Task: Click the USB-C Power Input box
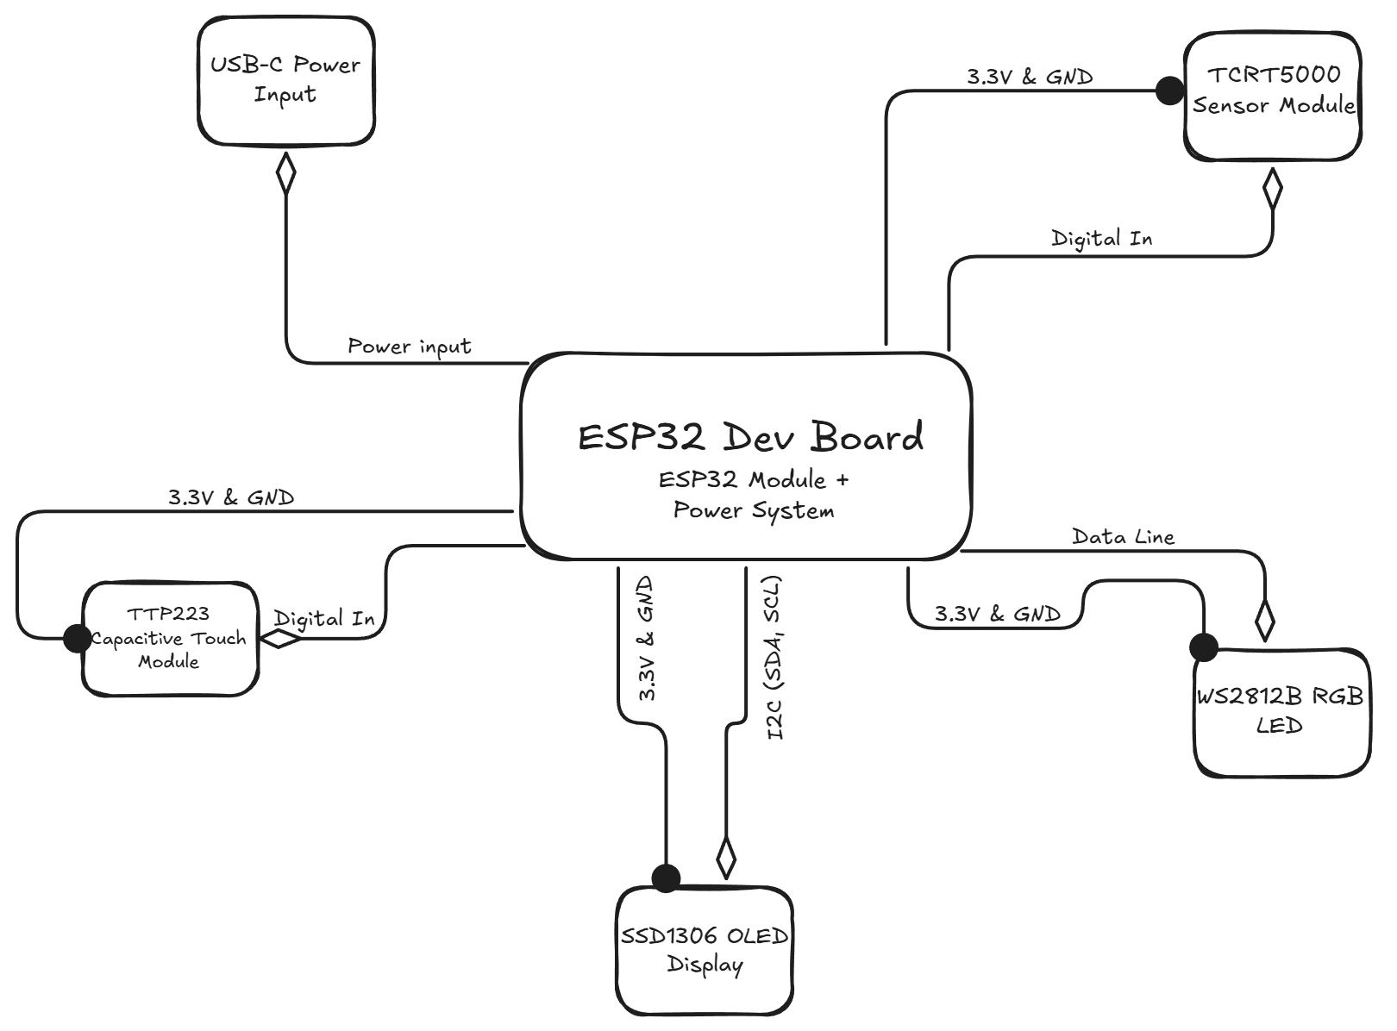click(x=285, y=81)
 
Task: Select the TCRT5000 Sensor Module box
click(x=1273, y=97)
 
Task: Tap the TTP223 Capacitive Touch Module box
click(x=170, y=639)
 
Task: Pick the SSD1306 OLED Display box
click(x=705, y=951)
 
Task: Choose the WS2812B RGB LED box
click(x=1281, y=712)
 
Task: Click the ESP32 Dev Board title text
click(x=750, y=437)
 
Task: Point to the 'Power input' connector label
click(x=410, y=347)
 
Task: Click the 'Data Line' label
click(x=1123, y=537)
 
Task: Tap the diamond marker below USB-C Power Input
click(x=285, y=173)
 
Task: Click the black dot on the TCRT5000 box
click(x=1169, y=90)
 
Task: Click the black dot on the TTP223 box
click(x=77, y=639)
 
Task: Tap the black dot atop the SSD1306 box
click(x=666, y=878)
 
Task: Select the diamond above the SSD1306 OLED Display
click(x=726, y=857)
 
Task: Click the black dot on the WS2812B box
click(x=1203, y=647)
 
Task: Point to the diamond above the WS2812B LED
click(x=1264, y=618)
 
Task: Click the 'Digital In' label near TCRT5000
click(x=1101, y=239)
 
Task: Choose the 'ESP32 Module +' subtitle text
click(x=754, y=479)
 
